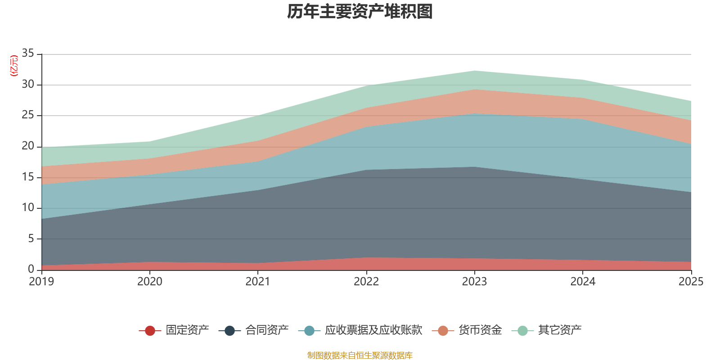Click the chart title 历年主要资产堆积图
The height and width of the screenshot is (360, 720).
[x=360, y=12]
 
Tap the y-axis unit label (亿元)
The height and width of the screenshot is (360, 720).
[x=14, y=66]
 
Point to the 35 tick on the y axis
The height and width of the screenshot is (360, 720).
[x=28, y=54]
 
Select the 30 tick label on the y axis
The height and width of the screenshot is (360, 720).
[x=28, y=84]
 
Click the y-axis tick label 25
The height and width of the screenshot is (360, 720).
[x=28, y=115]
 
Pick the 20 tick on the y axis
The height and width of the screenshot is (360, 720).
[x=28, y=146]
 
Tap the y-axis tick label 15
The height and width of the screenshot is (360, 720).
[x=28, y=177]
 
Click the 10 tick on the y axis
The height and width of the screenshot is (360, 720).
[x=28, y=207]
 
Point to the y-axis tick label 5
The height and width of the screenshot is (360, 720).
[x=31, y=238]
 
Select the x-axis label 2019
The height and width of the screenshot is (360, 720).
[x=41, y=282]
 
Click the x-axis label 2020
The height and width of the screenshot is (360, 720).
[x=149, y=282]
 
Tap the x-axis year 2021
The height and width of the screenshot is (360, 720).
[x=258, y=282]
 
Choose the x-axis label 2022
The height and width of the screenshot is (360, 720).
[x=366, y=282]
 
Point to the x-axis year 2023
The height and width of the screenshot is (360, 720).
[x=474, y=282]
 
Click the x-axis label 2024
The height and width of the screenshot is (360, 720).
[x=583, y=282]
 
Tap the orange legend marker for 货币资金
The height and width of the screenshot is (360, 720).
[x=443, y=331]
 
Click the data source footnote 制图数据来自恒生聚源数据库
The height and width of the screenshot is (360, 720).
[x=360, y=355]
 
